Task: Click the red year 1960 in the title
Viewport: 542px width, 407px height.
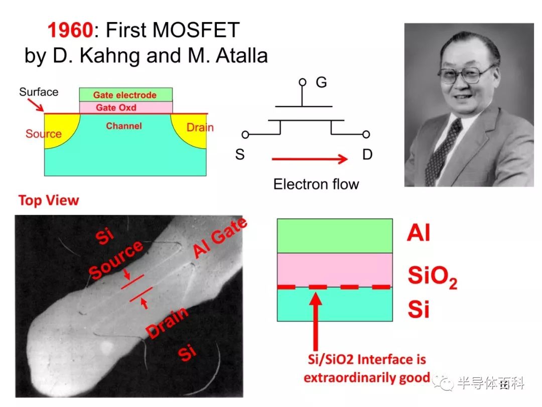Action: (70, 30)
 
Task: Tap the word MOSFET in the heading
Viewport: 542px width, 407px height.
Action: (196, 30)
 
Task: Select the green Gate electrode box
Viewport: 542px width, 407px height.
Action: (126, 94)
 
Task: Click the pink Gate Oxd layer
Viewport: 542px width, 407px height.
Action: (126, 108)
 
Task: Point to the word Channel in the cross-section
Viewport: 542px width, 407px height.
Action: (124, 126)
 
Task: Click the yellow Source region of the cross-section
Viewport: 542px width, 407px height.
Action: (57, 128)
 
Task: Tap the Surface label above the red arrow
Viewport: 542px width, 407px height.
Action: (39, 92)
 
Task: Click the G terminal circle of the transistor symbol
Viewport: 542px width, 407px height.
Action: (303, 82)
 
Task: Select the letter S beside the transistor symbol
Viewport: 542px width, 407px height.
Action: (240, 154)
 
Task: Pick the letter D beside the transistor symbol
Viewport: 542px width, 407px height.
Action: (367, 154)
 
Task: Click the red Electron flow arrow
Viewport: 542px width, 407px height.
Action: (310, 159)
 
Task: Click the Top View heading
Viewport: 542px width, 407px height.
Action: (49, 200)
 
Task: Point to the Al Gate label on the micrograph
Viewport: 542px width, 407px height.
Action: (220, 238)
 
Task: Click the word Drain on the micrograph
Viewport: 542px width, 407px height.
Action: (167, 323)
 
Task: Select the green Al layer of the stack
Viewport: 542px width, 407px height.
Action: (335, 236)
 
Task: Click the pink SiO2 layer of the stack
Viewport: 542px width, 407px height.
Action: (335, 270)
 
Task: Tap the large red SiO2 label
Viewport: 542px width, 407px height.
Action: (433, 277)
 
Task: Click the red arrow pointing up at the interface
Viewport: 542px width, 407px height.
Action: (315, 322)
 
